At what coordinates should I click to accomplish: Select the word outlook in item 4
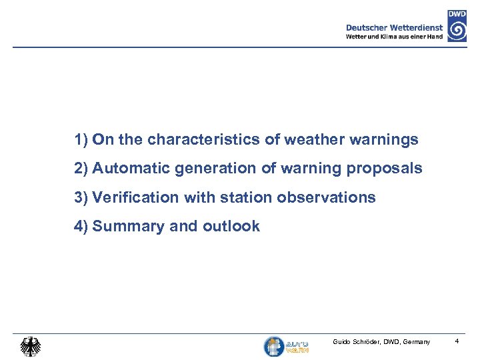pyautogui.click(x=231, y=227)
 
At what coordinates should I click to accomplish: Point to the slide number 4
pyautogui.click(x=457, y=342)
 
